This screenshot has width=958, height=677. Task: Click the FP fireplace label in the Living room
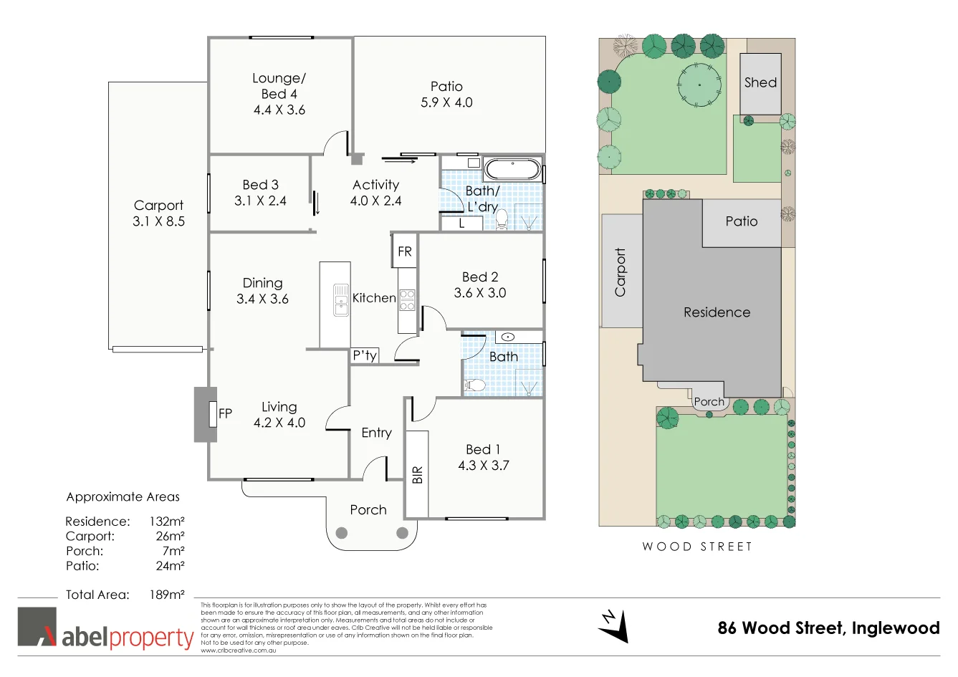(225, 413)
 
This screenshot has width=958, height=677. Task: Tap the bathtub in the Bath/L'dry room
(512, 170)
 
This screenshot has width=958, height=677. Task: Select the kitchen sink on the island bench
(340, 300)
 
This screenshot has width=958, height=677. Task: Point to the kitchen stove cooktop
(407, 299)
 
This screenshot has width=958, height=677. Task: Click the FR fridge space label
(405, 251)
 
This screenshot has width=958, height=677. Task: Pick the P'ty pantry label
(365, 355)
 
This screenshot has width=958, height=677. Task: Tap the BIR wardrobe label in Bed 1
(418, 474)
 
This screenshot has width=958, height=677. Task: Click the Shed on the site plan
(760, 82)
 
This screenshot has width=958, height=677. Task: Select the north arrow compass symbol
(613, 625)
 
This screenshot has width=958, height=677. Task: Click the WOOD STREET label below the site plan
(697, 547)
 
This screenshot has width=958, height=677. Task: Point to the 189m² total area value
(167, 595)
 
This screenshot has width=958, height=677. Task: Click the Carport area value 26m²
(170, 537)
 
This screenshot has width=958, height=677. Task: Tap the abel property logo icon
(37, 627)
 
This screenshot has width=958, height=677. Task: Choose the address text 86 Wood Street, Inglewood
(828, 628)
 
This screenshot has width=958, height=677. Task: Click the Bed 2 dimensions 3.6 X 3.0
(480, 293)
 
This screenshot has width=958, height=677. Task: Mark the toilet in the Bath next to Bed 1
(474, 385)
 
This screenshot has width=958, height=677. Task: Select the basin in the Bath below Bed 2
(508, 337)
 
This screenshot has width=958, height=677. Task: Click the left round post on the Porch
(342, 533)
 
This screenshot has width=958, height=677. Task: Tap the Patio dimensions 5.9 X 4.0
(446, 102)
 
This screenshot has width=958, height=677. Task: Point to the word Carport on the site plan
(621, 272)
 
